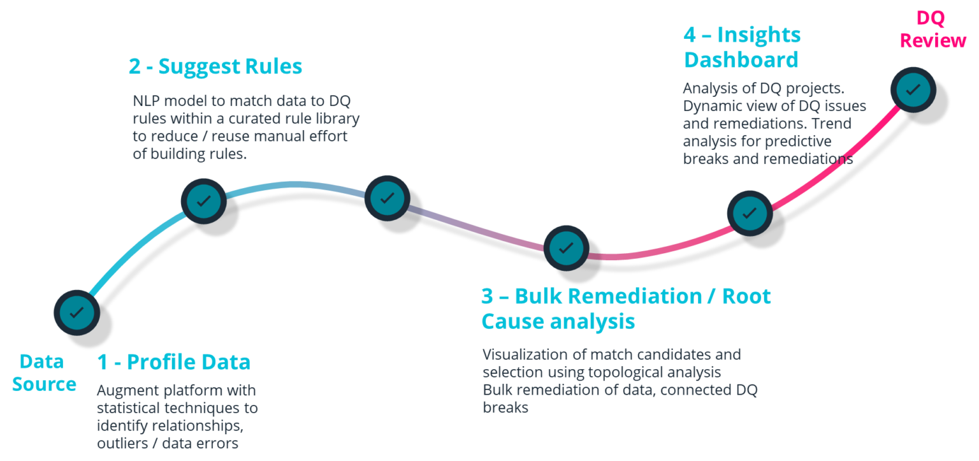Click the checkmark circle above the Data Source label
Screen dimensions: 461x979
(76, 312)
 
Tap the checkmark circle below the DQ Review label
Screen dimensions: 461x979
(913, 89)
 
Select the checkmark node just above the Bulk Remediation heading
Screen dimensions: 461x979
(566, 247)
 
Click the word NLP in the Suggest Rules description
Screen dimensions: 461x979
(148, 101)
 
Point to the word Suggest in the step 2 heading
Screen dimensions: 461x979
(194, 66)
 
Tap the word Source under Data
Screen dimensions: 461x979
(44, 384)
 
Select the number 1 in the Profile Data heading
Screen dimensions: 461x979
(102, 362)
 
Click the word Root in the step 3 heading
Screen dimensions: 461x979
(746, 296)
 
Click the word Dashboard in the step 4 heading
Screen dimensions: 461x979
(741, 60)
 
